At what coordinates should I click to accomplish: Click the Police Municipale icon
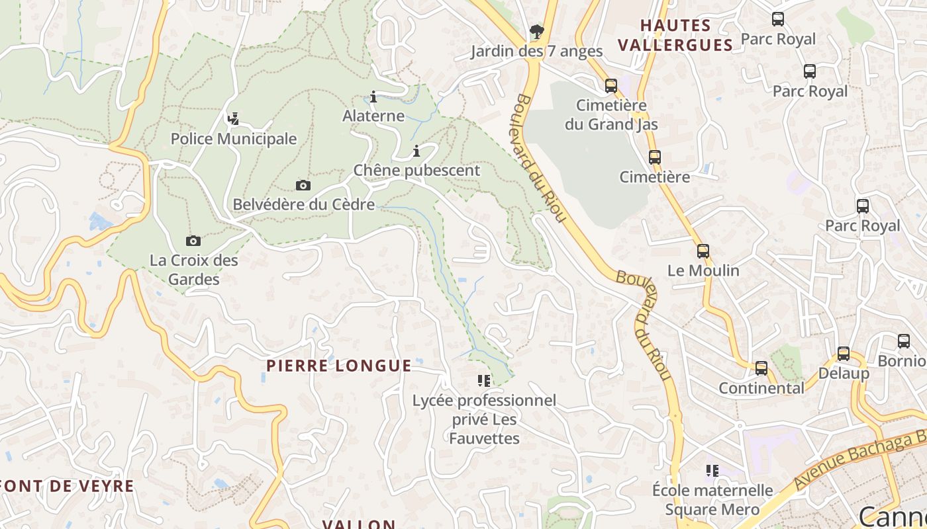(233, 120)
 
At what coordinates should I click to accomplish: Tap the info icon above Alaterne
(373, 97)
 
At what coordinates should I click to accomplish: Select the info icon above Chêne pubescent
(416, 151)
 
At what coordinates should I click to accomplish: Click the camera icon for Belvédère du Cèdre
(303, 185)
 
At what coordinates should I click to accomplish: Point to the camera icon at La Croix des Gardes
(193, 241)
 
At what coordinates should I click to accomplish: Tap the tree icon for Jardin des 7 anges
(536, 31)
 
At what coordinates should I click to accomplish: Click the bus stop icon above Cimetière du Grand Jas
(610, 85)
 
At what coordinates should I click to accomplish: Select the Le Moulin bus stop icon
(703, 251)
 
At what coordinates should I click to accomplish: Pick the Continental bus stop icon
(761, 368)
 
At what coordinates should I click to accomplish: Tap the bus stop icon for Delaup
(843, 354)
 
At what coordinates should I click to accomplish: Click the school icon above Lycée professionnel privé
(484, 381)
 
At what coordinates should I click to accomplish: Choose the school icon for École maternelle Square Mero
(712, 471)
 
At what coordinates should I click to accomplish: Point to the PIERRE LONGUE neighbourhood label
(339, 366)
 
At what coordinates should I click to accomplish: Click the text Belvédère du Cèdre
(303, 204)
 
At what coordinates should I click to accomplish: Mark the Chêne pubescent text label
(416, 170)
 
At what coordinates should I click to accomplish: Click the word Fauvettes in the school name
(484, 438)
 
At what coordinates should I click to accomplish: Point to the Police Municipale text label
(233, 139)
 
